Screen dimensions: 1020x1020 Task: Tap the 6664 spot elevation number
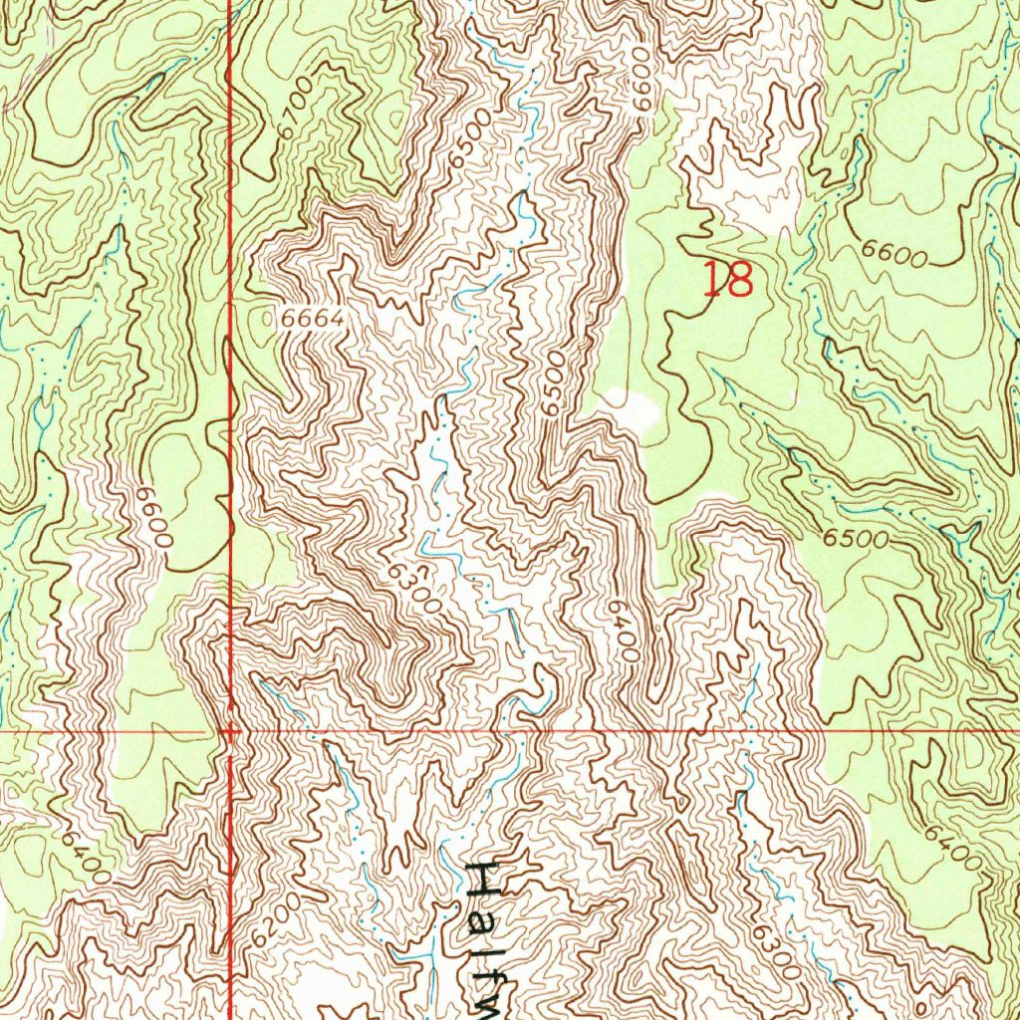pos(312,320)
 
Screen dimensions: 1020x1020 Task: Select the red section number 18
pos(727,280)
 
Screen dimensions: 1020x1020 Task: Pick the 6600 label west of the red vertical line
pos(156,519)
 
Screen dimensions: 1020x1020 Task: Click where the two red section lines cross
pos(231,730)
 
